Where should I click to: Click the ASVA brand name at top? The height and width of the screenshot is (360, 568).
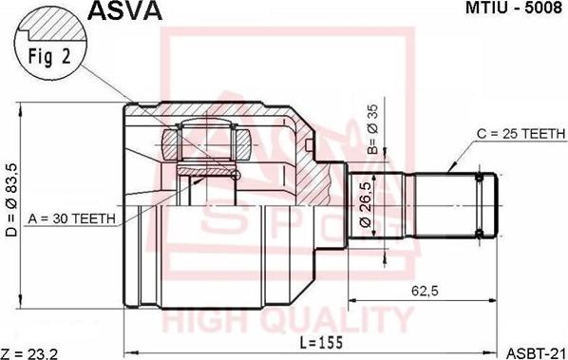click(x=124, y=10)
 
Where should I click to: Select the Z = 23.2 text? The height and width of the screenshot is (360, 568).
click(x=31, y=352)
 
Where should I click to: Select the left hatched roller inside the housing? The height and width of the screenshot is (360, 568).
click(x=171, y=145)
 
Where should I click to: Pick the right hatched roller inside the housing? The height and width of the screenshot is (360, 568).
click(x=242, y=145)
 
